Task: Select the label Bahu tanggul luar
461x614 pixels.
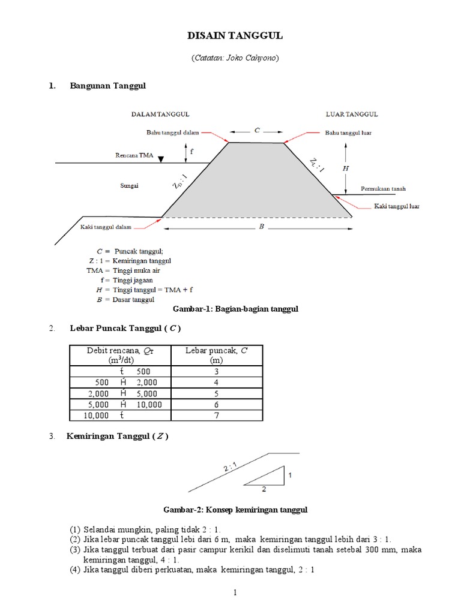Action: click(348, 133)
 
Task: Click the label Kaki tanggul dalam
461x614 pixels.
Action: click(106, 227)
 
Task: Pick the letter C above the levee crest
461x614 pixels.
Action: click(256, 130)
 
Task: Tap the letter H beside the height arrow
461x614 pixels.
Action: click(345, 168)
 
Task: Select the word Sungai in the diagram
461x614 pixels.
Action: click(128, 186)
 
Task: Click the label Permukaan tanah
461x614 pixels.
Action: click(383, 189)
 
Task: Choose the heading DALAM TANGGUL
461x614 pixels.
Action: click(152, 114)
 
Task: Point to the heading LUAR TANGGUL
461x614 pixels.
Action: click(352, 114)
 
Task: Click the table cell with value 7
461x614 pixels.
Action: click(216, 415)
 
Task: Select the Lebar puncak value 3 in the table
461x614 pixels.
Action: click(216, 372)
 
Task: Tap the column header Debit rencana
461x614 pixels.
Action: click(120, 350)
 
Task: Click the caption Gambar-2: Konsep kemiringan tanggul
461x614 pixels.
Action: click(235, 510)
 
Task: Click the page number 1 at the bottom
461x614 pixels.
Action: click(236, 593)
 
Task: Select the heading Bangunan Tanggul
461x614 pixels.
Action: click(107, 86)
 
